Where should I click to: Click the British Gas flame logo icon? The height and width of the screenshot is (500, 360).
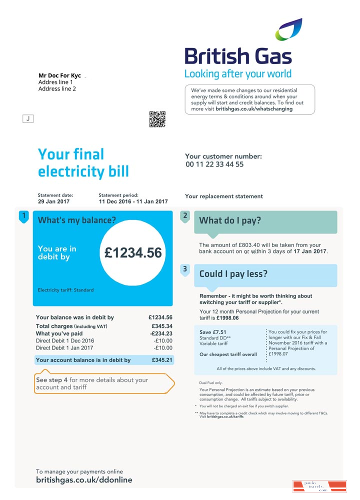[x=288, y=29]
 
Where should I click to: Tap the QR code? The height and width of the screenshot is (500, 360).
[x=157, y=119]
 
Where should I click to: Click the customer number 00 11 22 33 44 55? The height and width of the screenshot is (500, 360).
[x=214, y=164]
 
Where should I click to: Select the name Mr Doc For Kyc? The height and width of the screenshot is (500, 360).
[x=59, y=75]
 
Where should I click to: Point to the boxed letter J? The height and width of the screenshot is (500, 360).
[x=28, y=118]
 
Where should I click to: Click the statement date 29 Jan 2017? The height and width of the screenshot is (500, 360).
[x=53, y=201]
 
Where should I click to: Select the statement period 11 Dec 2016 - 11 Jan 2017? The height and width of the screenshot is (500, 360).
[x=133, y=201]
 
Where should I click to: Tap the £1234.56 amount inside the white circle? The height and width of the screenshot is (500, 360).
[x=133, y=253]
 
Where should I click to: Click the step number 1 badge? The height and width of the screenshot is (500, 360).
[x=23, y=216]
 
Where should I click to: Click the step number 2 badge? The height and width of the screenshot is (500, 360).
[x=185, y=216]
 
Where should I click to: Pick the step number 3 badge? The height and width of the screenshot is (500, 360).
[x=185, y=269]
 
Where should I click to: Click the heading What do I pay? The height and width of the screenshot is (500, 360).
[x=230, y=220]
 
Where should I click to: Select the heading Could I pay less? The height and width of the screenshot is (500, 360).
[x=233, y=274]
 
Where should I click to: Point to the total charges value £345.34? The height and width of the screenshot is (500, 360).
[x=161, y=326]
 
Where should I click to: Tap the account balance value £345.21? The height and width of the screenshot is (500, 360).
[x=161, y=360]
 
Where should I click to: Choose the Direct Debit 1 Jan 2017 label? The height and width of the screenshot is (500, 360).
[x=64, y=347]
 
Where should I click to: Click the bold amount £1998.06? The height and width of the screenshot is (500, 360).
[x=227, y=318]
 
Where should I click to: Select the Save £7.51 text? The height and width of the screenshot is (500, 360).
[x=212, y=332]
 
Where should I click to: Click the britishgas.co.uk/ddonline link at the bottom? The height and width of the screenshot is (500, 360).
[x=84, y=480]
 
